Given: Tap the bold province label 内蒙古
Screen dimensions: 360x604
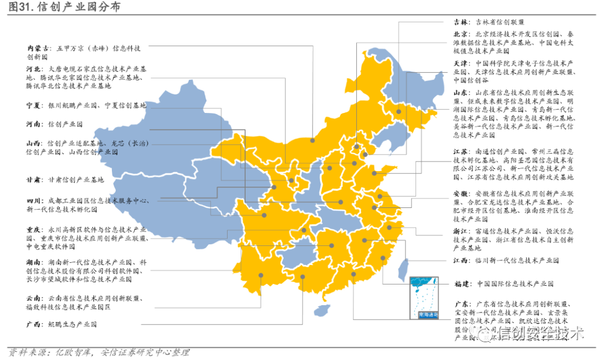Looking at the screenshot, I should click(x=36, y=48).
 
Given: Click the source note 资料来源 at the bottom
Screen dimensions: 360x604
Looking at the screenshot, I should click(x=95, y=352).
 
